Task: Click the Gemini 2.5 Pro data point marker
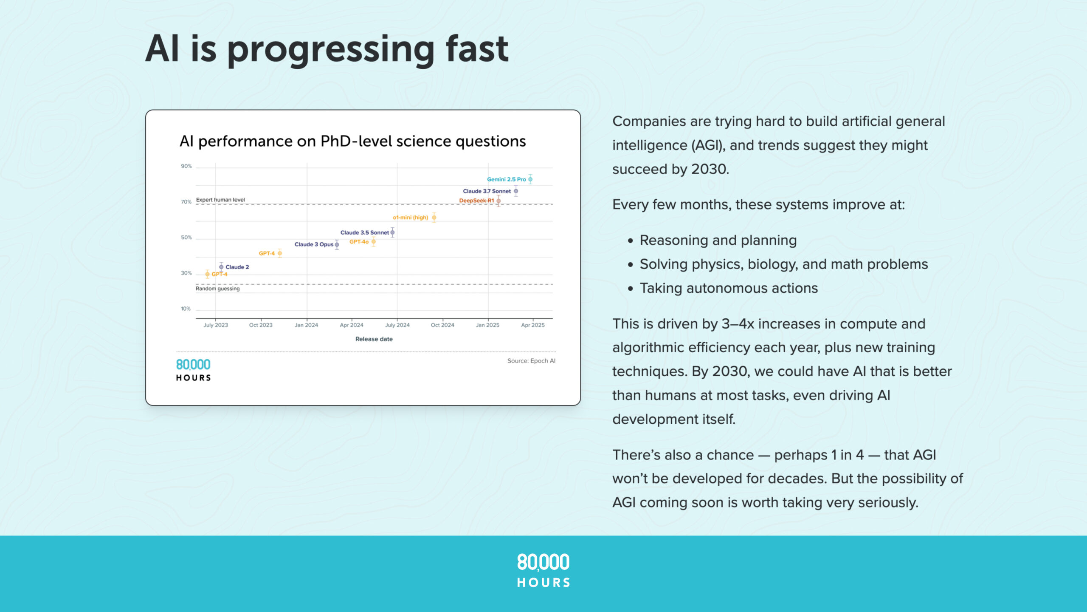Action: coord(530,179)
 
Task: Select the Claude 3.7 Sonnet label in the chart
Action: coord(487,191)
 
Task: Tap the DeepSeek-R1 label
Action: coord(476,201)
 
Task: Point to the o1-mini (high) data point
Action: coord(434,218)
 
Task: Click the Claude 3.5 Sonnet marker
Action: coord(393,232)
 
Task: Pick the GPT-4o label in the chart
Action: coord(359,242)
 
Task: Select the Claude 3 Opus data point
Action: coord(337,244)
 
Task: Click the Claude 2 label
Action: coord(237,267)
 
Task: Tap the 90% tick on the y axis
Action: coord(186,166)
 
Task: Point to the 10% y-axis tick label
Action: coord(186,309)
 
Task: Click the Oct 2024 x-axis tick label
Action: coord(442,325)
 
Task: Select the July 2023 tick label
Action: coord(216,325)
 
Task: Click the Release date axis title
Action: coord(374,339)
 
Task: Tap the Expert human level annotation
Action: coord(220,200)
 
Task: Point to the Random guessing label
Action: coord(217,289)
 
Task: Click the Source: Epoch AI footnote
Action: coord(531,361)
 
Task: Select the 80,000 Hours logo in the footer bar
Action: coord(543,570)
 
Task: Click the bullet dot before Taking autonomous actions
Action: coord(631,289)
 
